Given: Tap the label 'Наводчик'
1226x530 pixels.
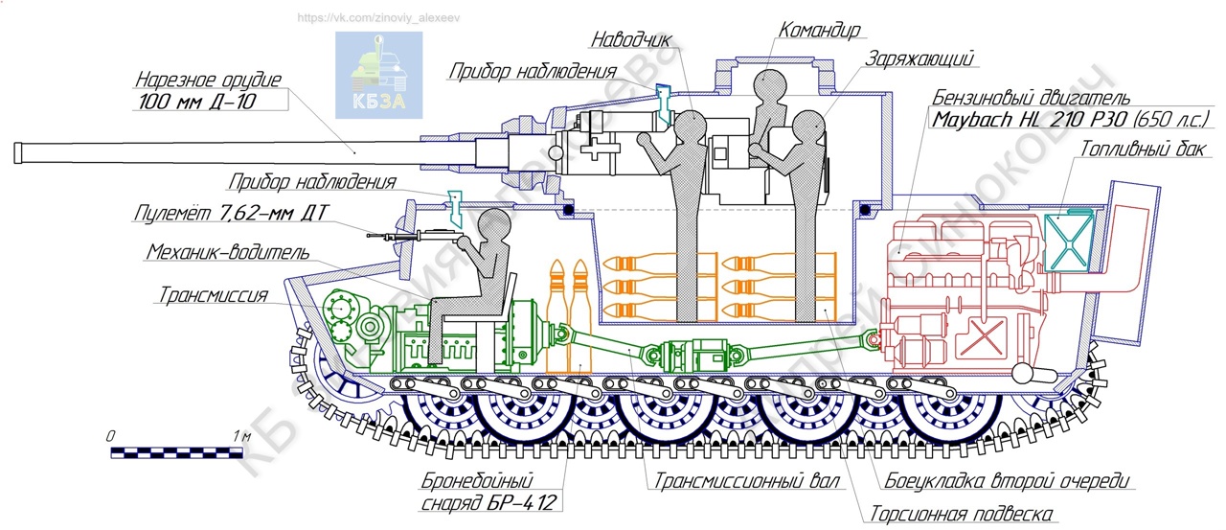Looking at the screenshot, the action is point(630,40).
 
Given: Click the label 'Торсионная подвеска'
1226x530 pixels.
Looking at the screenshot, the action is point(962,514).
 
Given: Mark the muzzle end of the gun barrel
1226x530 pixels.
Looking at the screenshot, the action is point(20,153).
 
